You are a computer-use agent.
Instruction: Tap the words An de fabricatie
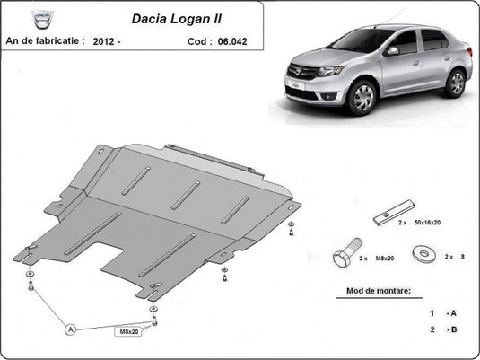(x=46, y=40)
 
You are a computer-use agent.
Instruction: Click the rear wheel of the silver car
(x=455, y=83)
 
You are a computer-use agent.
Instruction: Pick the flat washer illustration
(x=422, y=253)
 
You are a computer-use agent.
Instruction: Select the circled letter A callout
(x=70, y=329)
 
